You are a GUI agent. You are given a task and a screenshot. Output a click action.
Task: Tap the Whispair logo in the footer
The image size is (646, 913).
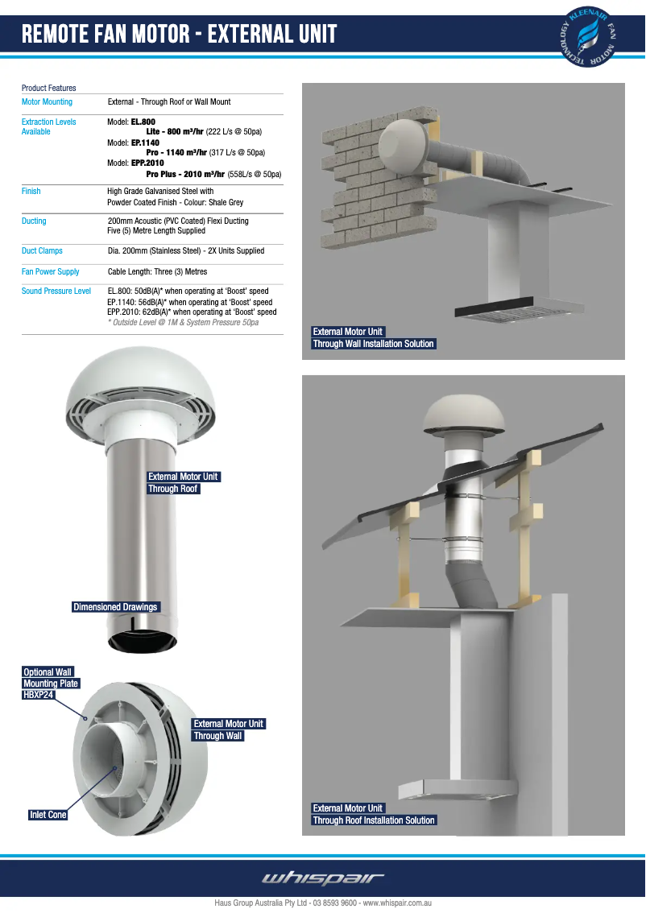click(323, 878)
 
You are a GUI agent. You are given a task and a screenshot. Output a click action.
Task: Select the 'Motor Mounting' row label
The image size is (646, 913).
click(47, 102)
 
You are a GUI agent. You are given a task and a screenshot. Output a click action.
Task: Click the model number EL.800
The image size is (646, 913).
click(143, 122)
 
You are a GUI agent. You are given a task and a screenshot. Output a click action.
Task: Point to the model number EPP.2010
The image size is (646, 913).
click(147, 163)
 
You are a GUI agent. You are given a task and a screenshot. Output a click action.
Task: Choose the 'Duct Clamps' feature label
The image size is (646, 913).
click(42, 251)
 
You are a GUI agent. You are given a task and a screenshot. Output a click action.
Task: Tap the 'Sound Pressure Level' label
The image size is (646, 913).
click(56, 291)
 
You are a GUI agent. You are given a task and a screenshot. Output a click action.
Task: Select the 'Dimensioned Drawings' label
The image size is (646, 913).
click(116, 607)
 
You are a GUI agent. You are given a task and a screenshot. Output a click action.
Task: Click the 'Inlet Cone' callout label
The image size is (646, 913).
click(48, 815)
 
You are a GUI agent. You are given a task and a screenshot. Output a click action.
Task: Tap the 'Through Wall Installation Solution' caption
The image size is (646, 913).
click(373, 344)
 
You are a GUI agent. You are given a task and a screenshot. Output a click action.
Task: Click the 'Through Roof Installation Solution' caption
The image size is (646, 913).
click(374, 820)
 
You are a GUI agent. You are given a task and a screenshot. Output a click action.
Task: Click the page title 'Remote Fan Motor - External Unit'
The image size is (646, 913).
click(179, 35)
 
